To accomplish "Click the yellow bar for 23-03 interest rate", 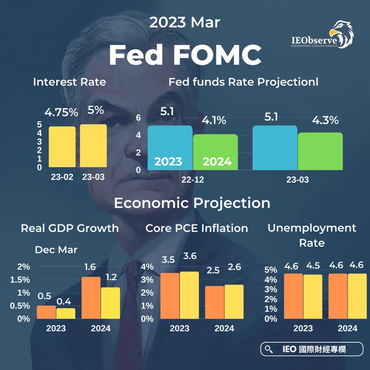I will [x=93, y=145].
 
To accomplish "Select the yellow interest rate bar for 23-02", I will [x=62, y=147].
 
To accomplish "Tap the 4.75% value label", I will [x=61, y=112].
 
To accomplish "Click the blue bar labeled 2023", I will [x=170, y=147].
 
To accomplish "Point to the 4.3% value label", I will [x=325, y=120].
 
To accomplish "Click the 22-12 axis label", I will [x=192, y=179].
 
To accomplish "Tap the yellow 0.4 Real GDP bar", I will [x=65, y=313].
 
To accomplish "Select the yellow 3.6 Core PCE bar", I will [x=189, y=295].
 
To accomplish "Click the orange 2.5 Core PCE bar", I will [x=214, y=302].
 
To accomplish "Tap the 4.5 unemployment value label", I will [x=313, y=265].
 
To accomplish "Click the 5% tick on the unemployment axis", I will [x=270, y=269].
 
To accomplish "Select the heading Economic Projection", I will [x=192, y=203].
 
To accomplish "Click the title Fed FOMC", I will [x=185, y=54].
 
